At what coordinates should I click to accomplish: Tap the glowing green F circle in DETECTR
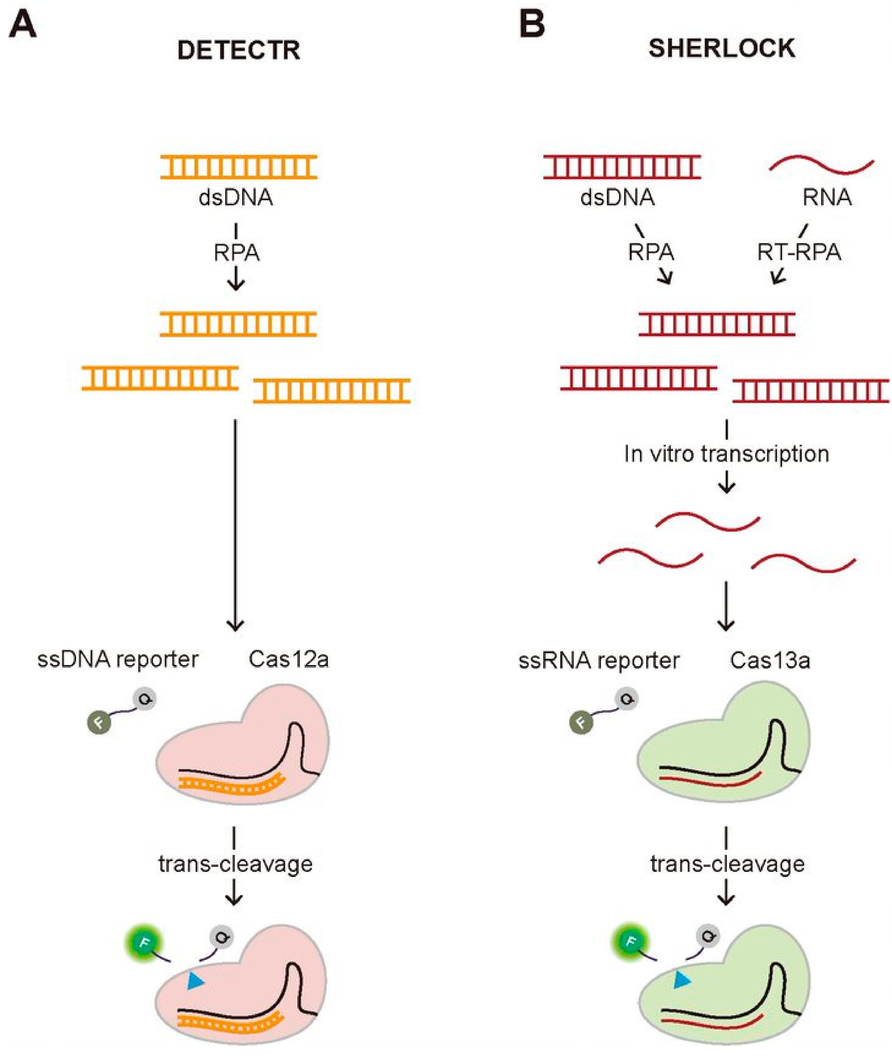click(144, 942)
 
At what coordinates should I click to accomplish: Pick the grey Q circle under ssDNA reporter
click(144, 699)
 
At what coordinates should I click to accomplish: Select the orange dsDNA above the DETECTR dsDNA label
click(239, 167)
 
